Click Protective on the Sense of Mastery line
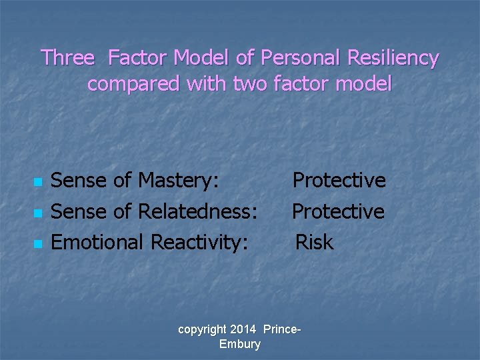[339, 180]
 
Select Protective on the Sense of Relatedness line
[339, 211]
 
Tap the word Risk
[314, 242]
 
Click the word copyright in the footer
[201, 329]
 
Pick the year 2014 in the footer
[243, 329]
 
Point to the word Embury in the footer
[239, 344]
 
